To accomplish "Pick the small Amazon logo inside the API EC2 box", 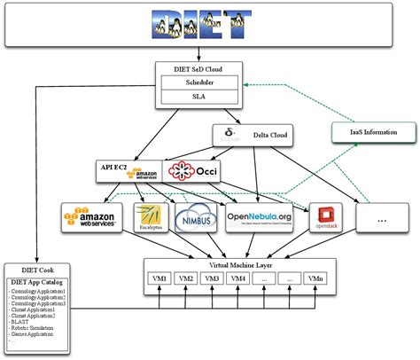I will coord(145,172).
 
